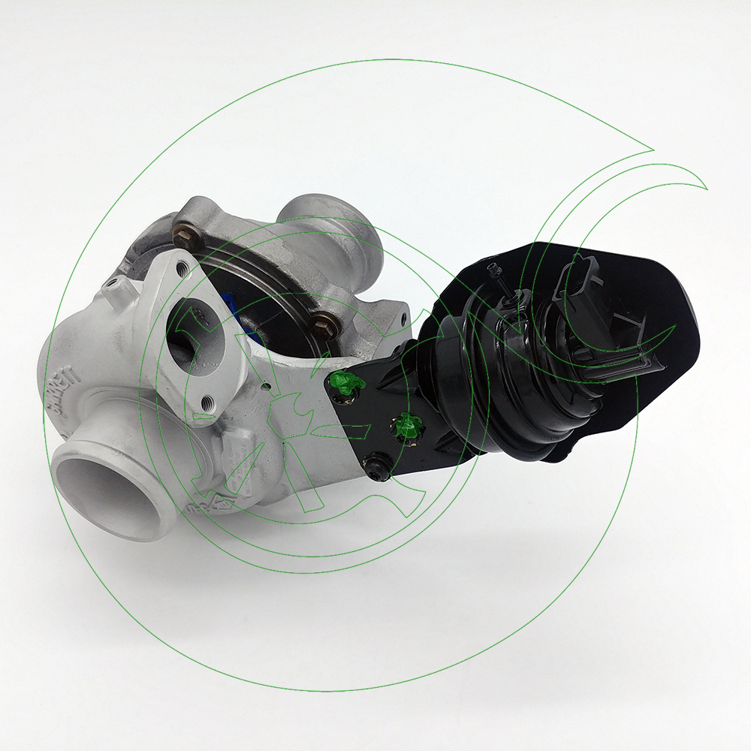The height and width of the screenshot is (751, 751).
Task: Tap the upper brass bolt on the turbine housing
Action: (182, 232)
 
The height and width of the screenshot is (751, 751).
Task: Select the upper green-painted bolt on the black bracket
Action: (345, 382)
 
